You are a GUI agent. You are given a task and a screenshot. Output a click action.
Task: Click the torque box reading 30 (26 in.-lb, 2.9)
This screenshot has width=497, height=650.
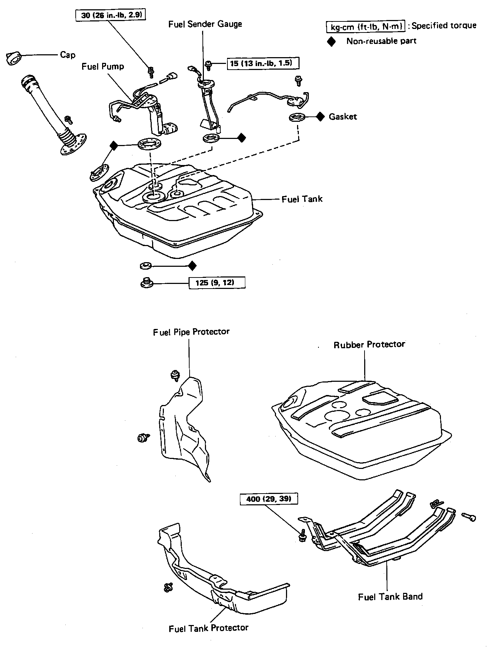(111, 15)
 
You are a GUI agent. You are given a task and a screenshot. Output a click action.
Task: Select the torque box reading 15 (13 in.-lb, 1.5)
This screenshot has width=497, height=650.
(263, 64)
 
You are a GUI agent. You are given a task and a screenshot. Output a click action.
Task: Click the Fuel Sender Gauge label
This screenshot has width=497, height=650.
(205, 24)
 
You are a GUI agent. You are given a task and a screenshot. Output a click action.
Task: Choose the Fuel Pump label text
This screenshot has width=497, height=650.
(103, 66)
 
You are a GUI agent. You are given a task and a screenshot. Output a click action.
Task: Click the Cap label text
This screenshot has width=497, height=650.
(67, 55)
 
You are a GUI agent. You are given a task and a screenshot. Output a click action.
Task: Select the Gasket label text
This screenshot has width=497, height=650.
(343, 117)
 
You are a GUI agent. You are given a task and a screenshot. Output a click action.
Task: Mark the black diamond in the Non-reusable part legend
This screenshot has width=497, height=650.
(332, 41)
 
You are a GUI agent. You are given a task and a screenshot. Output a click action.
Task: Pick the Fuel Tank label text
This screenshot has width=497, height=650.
(302, 199)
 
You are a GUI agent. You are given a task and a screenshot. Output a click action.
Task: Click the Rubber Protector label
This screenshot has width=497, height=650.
(369, 345)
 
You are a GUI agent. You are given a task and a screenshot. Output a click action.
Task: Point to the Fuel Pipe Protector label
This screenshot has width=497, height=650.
(191, 332)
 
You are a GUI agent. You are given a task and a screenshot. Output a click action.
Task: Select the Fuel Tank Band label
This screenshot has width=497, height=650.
(390, 596)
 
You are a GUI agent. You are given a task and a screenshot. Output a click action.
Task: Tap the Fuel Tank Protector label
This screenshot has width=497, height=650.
(209, 628)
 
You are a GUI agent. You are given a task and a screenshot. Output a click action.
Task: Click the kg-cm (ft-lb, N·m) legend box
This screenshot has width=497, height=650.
(366, 26)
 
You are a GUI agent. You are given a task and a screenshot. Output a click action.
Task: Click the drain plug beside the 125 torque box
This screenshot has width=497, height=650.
(146, 282)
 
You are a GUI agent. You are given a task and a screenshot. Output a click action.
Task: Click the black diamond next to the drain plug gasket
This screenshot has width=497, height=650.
(192, 266)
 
